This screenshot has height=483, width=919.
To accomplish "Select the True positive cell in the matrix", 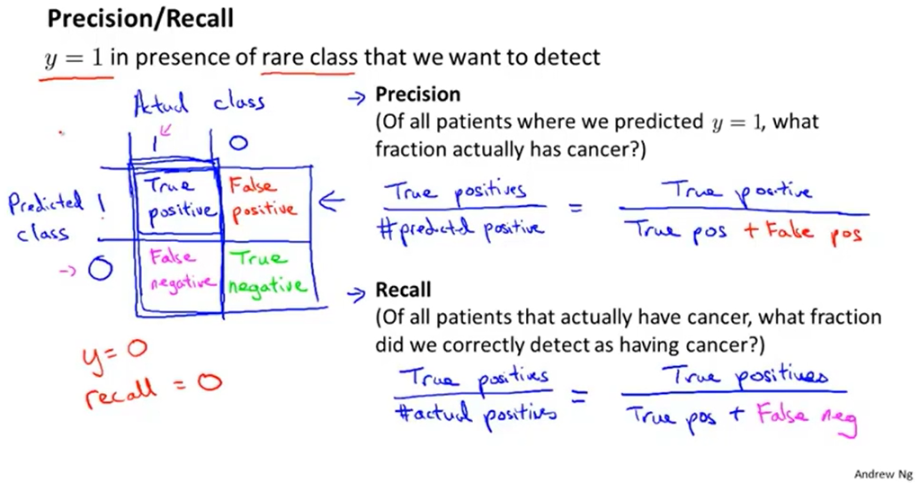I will tap(176, 199).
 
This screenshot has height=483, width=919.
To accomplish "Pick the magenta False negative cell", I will tap(176, 269).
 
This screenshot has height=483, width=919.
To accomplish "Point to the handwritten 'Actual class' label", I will tap(199, 102).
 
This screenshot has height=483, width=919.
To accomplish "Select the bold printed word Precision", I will tap(417, 94).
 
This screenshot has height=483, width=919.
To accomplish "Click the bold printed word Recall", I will tap(404, 290).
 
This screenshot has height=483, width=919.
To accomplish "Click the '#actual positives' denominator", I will tap(473, 414).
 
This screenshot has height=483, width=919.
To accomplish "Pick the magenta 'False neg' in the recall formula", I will tap(807, 417).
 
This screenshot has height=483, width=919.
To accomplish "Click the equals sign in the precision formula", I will tap(572, 209).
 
